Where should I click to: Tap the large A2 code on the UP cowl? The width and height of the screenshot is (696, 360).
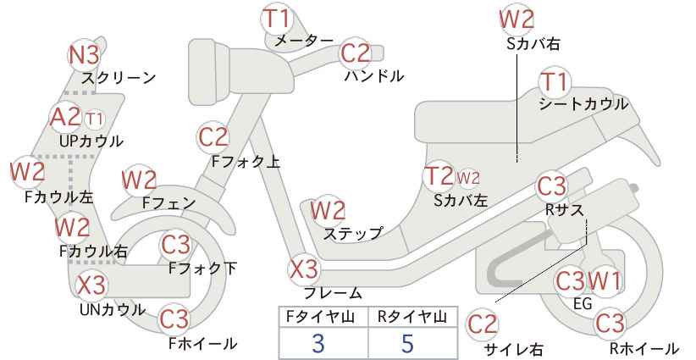pyautogui.click(x=65, y=117)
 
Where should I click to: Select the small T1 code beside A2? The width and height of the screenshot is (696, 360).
pyautogui.click(x=94, y=119)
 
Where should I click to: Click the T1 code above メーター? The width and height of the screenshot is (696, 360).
pyautogui.click(x=277, y=18)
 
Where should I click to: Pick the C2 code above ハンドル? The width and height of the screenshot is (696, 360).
pyautogui.click(x=355, y=53)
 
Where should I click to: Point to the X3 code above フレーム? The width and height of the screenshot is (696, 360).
pyautogui.click(x=304, y=269)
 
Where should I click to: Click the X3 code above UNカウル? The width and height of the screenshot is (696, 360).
pyautogui.click(x=91, y=285)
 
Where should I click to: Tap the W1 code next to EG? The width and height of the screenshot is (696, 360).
pyautogui.click(x=605, y=280)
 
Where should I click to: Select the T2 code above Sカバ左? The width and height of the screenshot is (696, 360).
pyautogui.click(x=439, y=176)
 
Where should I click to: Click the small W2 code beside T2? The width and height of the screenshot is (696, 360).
pyautogui.click(x=468, y=178)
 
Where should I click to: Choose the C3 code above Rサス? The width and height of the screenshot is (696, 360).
pyautogui.click(x=551, y=186)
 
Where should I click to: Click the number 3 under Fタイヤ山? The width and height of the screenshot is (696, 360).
pyautogui.click(x=318, y=344)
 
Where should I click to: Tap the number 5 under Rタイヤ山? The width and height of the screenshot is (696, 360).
pyautogui.click(x=407, y=344)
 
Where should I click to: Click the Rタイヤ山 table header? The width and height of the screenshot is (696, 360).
pyautogui.click(x=412, y=317)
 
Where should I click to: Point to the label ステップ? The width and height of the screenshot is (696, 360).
pyautogui.click(x=352, y=233)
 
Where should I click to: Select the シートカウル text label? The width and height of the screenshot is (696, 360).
pyautogui.click(x=583, y=104)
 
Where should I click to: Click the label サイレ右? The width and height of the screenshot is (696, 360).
pyautogui.click(x=513, y=349)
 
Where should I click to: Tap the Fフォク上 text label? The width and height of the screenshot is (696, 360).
pyautogui.click(x=246, y=161)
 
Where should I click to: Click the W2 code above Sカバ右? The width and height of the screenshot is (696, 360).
pyautogui.click(x=516, y=19)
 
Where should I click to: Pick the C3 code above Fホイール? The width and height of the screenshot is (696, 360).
pyautogui.click(x=174, y=318)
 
